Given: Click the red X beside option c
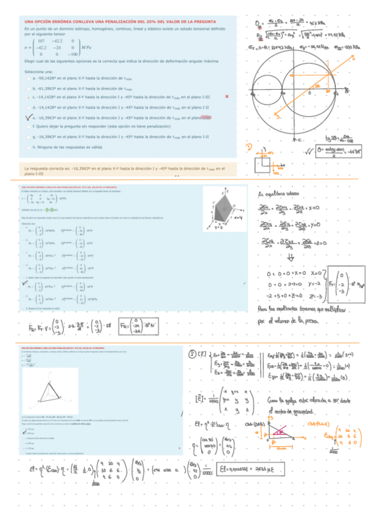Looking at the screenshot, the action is [x=227, y=97].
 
